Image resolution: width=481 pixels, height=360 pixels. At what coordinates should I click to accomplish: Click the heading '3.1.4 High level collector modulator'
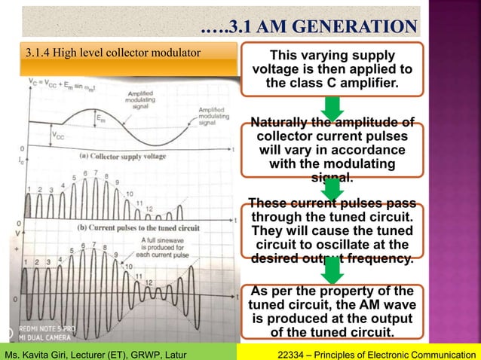click(x=113, y=53)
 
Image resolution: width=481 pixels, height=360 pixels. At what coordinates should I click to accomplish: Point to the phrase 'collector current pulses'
click(x=332, y=137)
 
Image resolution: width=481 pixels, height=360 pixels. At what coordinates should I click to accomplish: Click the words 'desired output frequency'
click(x=331, y=260)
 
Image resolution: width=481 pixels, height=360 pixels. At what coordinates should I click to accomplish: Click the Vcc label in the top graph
click(x=59, y=136)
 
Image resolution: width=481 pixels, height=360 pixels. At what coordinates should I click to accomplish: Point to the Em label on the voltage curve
click(x=100, y=117)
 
